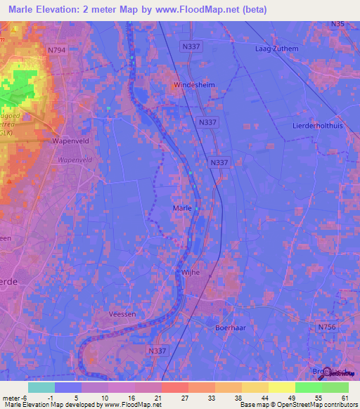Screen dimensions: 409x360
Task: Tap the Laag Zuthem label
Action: pos(276,50)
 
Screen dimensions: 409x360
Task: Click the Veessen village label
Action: pos(122,314)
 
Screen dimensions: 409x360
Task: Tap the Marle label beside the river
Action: pos(181,208)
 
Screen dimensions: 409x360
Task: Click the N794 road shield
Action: pos(57,50)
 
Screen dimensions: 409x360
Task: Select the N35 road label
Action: pos(338,25)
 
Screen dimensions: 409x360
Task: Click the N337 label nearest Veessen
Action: pos(157,350)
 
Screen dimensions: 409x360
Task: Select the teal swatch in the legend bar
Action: pos(41,387)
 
